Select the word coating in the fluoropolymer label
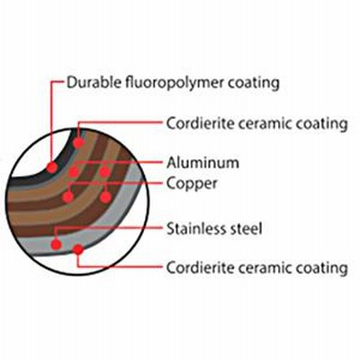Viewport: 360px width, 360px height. pos(254,84)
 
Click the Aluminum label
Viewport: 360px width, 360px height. pos(202,163)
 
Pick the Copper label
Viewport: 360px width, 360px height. pos(192,184)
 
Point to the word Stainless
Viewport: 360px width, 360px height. pos(194,229)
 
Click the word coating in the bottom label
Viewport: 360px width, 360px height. pos(322,268)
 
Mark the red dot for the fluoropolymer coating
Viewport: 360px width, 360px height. pos(52,167)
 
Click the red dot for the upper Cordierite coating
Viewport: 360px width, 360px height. pos(78,142)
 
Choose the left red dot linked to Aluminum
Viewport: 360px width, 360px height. pos(74,172)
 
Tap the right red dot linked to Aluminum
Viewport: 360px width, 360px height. pos(104,172)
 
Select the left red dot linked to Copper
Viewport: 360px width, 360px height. pos(68,197)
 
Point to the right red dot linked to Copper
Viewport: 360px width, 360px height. pos(105,197)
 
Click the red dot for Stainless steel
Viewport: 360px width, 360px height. pos(56,244)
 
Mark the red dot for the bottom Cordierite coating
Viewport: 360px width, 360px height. pos(78,249)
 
